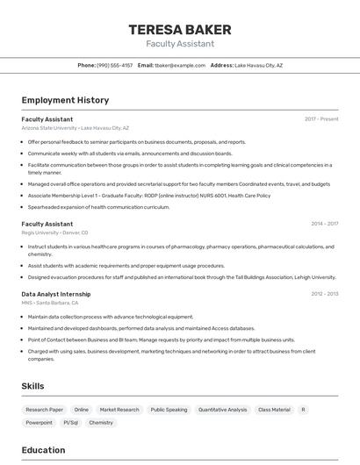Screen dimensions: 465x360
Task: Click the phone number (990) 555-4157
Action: click(x=114, y=65)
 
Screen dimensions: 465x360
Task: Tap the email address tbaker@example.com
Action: click(x=179, y=65)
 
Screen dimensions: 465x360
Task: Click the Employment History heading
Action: click(x=65, y=100)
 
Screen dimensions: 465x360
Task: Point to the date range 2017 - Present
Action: click(x=321, y=118)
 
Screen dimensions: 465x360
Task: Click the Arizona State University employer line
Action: click(x=75, y=128)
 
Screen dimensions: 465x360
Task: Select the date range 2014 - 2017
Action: click(x=324, y=224)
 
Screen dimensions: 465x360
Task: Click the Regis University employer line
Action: click(x=55, y=232)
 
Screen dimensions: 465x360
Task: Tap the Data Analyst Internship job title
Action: click(x=56, y=294)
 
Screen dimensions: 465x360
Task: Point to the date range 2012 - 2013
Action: click(x=324, y=294)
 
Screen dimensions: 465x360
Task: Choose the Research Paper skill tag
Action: click(x=44, y=410)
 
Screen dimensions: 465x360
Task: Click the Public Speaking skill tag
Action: click(x=169, y=410)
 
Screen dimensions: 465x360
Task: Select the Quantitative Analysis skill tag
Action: click(x=222, y=410)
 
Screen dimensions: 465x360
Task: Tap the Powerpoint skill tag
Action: click(x=39, y=423)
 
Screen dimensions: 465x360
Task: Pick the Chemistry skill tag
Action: click(x=101, y=423)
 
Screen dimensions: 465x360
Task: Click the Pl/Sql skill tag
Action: click(x=70, y=423)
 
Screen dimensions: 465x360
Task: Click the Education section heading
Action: click(x=43, y=450)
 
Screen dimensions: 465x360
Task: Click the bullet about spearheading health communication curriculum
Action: click(x=98, y=207)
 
